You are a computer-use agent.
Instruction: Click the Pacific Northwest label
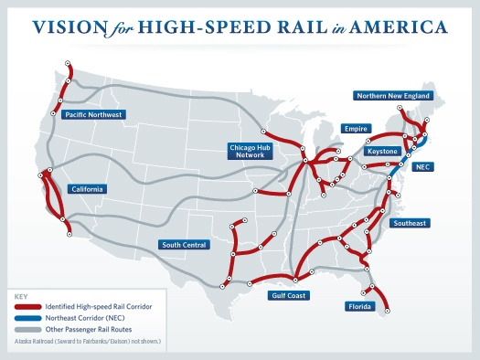pos(93,115)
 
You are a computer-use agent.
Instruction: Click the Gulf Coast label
pos(289,295)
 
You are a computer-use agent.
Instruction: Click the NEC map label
pos(422,167)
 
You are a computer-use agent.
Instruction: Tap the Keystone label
pos(382,151)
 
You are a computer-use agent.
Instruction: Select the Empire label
pos(355,129)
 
